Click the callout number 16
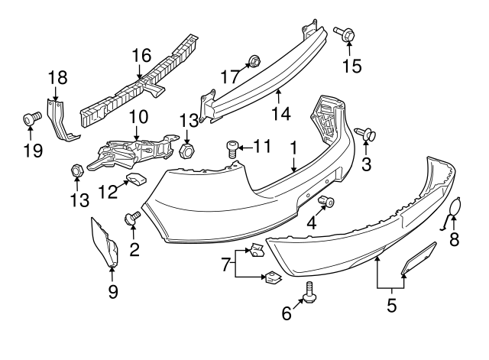click(x=141, y=56)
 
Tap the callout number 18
click(x=57, y=77)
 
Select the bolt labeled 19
click(x=31, y=118)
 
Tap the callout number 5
click(x=391, y=307)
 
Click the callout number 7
click(x=225, y=264)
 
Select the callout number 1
click(x=293, y=144)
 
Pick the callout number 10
click(x=138, y=117)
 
